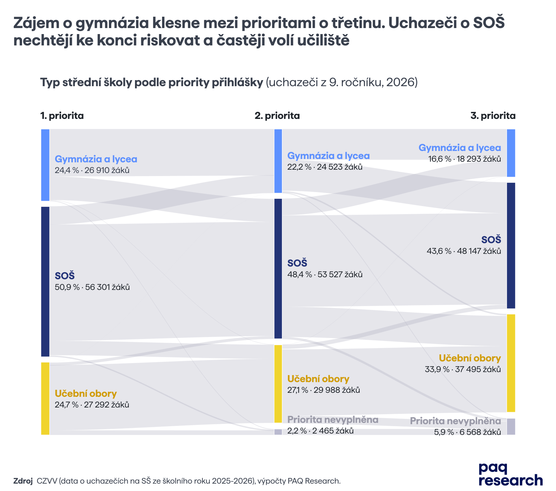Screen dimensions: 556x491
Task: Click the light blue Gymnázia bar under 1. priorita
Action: click(45, 165)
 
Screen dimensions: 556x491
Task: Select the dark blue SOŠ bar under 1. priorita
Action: click(45, 282)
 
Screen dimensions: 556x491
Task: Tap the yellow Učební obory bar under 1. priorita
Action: click(45, 398)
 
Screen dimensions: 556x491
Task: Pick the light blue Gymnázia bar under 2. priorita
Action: click(278, 161)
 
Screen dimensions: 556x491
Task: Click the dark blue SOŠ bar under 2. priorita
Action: click(278, 269)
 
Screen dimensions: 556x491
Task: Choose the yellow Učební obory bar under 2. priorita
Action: click(278, 384)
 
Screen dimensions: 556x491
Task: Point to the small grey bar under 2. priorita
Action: click(278, 432)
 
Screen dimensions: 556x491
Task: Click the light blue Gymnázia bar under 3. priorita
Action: click(511, 153)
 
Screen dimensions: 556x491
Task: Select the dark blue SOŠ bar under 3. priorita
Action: click(511, 246)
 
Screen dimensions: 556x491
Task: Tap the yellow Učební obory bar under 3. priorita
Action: click(511, 363)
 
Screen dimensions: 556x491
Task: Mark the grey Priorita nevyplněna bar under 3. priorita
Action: click(511, 427)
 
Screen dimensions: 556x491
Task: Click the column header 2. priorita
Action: click(277, 116)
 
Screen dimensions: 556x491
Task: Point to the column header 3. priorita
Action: click(493, 116)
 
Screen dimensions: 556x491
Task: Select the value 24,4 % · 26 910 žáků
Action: click(92, 171)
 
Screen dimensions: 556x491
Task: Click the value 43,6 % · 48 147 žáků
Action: click(464, 251)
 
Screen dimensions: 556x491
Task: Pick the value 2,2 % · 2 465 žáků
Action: click(320, 431)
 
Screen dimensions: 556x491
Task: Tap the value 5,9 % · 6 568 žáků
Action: click(467, 432)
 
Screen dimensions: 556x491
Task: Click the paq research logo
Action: click(511, 474)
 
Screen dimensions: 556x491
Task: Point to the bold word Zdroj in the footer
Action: click(23, 481)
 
